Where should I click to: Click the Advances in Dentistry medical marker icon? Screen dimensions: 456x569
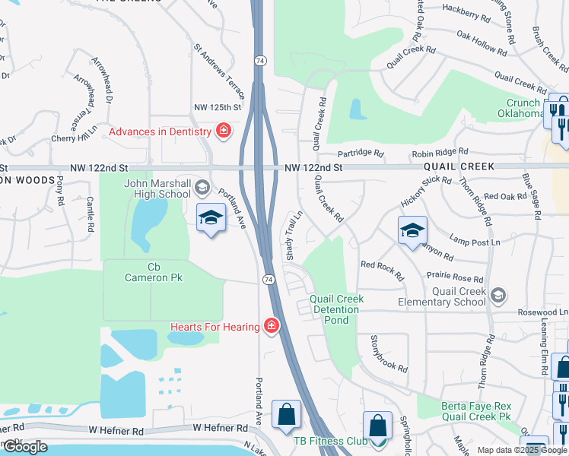point(223,131)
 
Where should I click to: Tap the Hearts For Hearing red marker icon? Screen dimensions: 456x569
point(272,326)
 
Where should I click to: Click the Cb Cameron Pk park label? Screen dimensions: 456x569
point(154,272)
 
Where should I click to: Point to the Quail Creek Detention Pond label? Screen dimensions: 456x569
point(336,309)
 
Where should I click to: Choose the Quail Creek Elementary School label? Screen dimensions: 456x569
point(458,296)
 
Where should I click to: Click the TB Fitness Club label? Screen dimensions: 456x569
point(330,441)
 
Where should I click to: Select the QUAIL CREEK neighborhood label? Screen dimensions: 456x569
point(459,166)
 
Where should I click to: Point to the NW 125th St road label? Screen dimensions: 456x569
point(217,108)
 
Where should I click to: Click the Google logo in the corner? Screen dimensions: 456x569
point(25,447)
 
